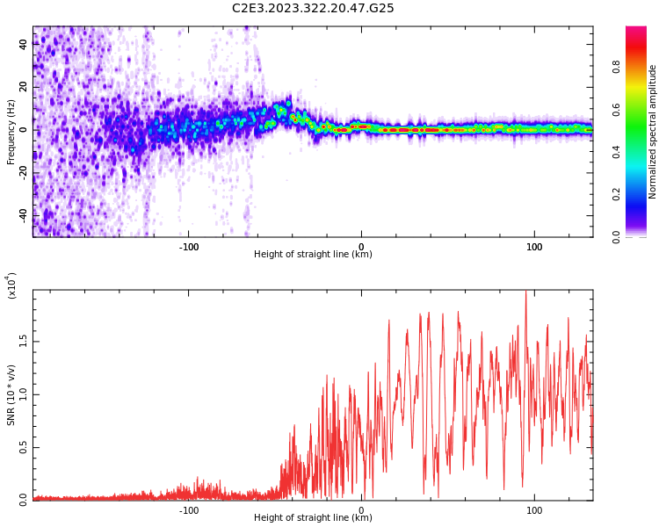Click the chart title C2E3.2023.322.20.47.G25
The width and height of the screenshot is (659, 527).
tap(313, 9)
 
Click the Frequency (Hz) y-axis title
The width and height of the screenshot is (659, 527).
tap(11, 132)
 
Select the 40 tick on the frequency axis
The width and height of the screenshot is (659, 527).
tap(23, 45)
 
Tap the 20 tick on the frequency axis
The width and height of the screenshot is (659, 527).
tap(23, 87)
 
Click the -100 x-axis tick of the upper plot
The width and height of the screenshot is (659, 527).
tap(189, 246)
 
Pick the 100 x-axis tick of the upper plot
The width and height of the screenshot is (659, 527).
tap(534, 246)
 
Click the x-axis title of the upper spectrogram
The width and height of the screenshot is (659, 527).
tap(313, 255)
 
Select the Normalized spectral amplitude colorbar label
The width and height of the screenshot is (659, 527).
tap(653, 132)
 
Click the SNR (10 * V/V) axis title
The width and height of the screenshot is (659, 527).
tap(11, 395)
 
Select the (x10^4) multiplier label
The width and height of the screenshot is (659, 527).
tap(11, 285)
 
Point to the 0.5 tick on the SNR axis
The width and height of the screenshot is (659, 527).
tap(23, 447)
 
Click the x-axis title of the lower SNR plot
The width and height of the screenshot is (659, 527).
tap(313, 518)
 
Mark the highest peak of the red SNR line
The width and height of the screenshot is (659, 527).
tap(525, 292)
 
